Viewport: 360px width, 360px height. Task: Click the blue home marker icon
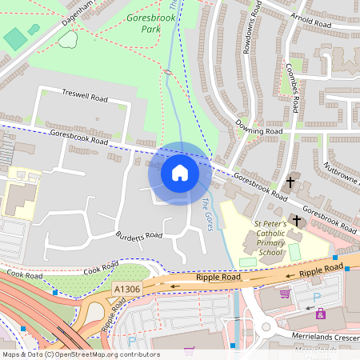point(179,173)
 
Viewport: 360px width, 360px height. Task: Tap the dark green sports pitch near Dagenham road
point(14,38)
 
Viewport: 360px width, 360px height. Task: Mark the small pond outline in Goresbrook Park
point(68,38)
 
